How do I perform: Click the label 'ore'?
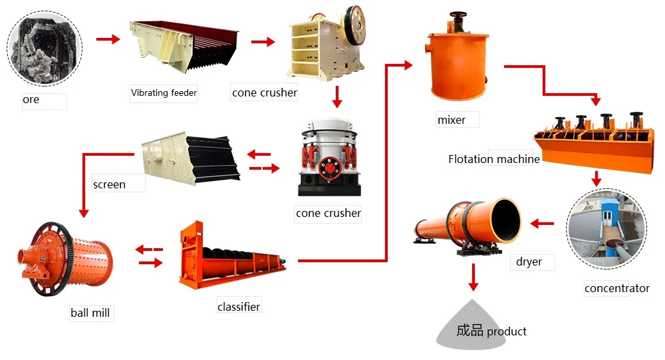(31, 100)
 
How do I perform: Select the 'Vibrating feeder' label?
(164, 92)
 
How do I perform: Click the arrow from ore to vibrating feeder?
(108, 39)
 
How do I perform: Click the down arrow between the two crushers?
(337, 97)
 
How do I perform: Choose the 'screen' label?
(109, 184)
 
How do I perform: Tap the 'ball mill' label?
(90, 312)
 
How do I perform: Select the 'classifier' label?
(239, 306)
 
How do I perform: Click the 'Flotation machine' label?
(493, 159)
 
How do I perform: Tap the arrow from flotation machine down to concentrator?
(597, 178)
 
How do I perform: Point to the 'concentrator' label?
(616, 288)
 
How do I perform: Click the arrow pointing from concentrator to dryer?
(543, 224)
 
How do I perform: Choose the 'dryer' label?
(529, 262)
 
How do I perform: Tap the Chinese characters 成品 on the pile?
(469, 330)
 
